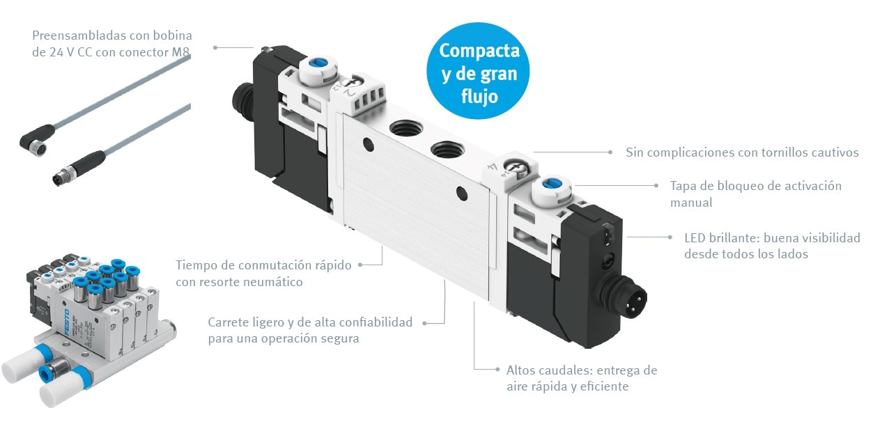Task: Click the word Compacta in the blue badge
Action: tap(479, 51)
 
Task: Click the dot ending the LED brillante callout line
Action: tap(670, 237)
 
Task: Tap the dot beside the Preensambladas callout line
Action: tap(216, 47)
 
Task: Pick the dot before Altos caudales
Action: tap(497, 369)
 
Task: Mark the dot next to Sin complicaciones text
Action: tap(610, 152)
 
